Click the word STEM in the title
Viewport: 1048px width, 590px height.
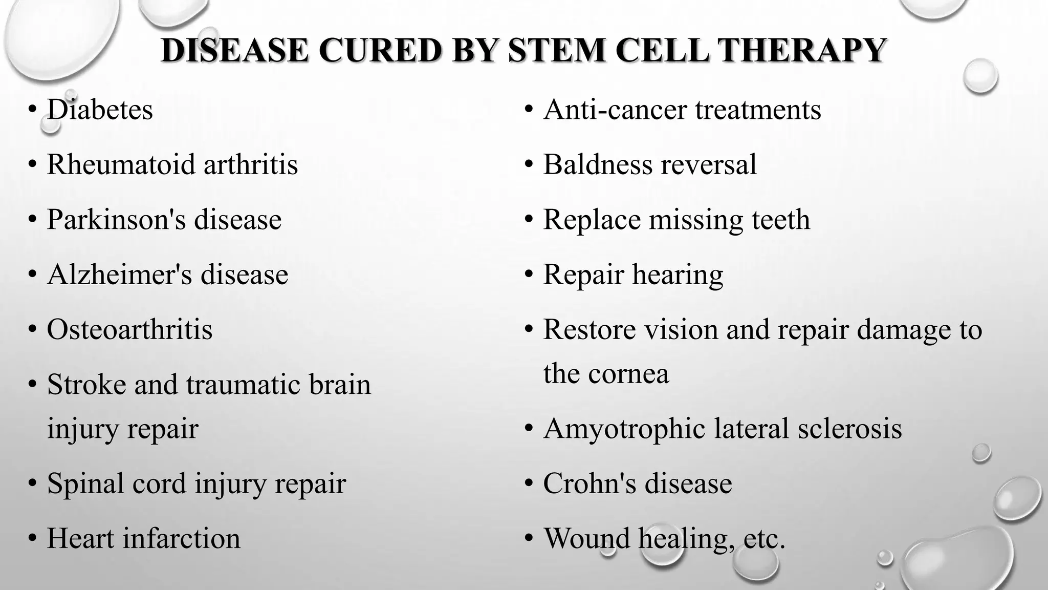tap(558, 50)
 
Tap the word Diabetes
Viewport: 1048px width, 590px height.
tap(100, 110)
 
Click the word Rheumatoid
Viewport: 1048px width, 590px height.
tap(121, 164)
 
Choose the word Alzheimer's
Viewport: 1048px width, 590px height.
tap(120, 275)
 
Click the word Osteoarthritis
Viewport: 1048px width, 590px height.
tap(129, 329)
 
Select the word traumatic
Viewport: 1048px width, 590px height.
tap(243, 384)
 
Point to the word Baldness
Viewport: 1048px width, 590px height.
tap(598, 164)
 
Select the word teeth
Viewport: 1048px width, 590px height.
tap(781, 220)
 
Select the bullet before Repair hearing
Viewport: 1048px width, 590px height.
tap(529, 275)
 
